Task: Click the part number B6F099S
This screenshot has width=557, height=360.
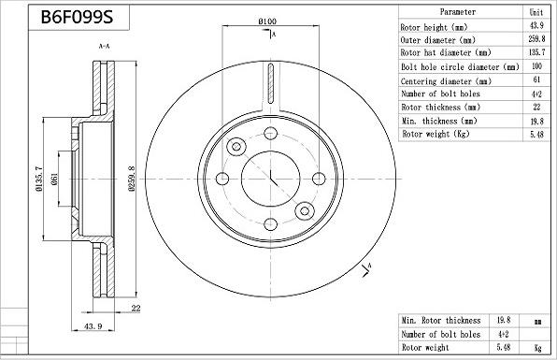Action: click(x=77, y=17)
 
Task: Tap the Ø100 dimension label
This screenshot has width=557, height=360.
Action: click(x=267, y=22)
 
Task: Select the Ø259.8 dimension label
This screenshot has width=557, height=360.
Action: click(x=132, y=179)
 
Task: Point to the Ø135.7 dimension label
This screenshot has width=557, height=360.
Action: click(x=38, y=179)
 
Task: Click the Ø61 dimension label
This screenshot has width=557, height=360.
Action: click(x=54, y=179)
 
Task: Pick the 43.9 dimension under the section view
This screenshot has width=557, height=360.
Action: click(x=93, y=326)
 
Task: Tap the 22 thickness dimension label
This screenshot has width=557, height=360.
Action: click(x=136, y=309)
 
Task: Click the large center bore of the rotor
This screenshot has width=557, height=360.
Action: click(x=271, y=179)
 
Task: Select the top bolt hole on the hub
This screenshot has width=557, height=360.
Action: click(x=271, y=134)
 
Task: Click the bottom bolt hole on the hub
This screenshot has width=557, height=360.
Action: click(x=271, y=224)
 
